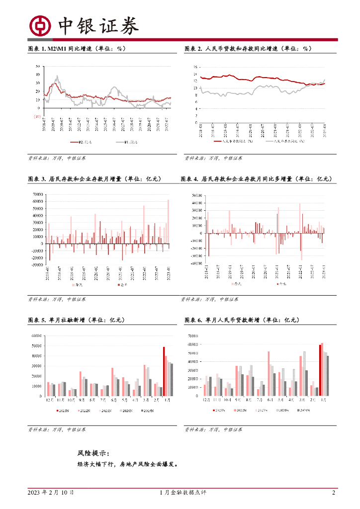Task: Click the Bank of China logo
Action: (x=40, y=25)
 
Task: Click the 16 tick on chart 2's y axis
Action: (x=195, y=67)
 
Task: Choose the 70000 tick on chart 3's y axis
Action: (x=37, y=194)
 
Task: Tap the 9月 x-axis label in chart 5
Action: (x=81, y=400)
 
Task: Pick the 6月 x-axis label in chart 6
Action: (x=269, y=400)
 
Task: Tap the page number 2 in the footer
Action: (x=334, y=493)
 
